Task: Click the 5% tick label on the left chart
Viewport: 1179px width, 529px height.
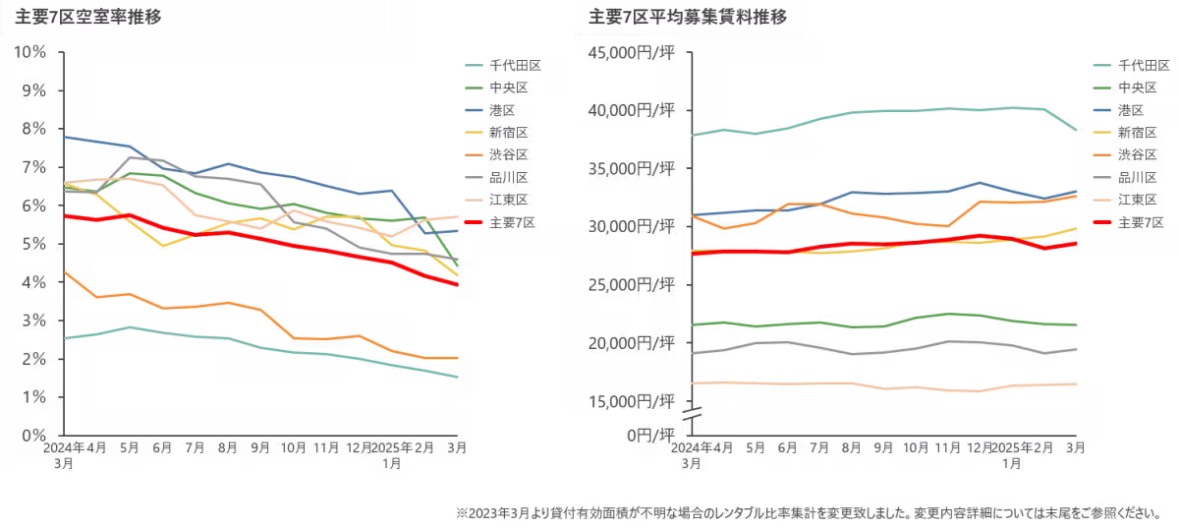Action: (x=34, y=244)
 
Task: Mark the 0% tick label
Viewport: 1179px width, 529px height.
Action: (x=34, y=435)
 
